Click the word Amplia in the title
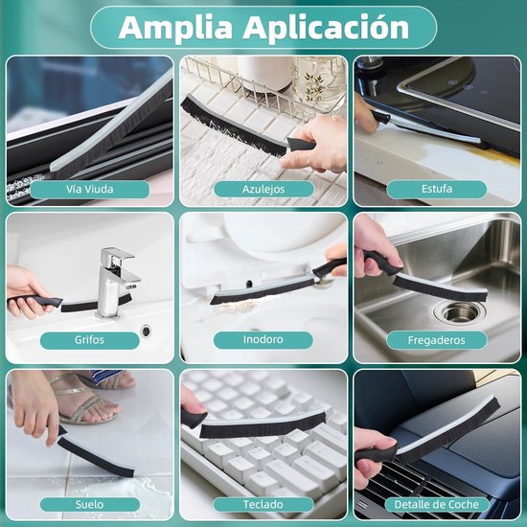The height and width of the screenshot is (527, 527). tap(175, 28)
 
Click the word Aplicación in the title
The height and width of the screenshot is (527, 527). tap(326, 27)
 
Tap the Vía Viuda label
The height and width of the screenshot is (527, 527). tap(90, 189)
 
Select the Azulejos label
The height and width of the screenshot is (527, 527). tap(263, 189)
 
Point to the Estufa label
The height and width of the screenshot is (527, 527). tap(437, 189)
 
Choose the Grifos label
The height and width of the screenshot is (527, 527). tap(89, 340)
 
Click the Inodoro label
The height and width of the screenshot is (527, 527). tap(263, 340)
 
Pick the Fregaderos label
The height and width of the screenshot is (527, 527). tap(437, 340)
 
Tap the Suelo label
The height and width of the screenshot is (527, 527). tap(90, 504)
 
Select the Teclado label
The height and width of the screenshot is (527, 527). tap(263, 504)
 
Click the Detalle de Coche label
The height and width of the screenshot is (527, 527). tap(437, 504)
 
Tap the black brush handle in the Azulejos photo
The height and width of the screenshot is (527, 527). tap(301, 145)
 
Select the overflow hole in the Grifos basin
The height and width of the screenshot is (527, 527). tap(147, 331)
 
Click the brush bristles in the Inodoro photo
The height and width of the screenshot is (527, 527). tap(263, 290)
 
